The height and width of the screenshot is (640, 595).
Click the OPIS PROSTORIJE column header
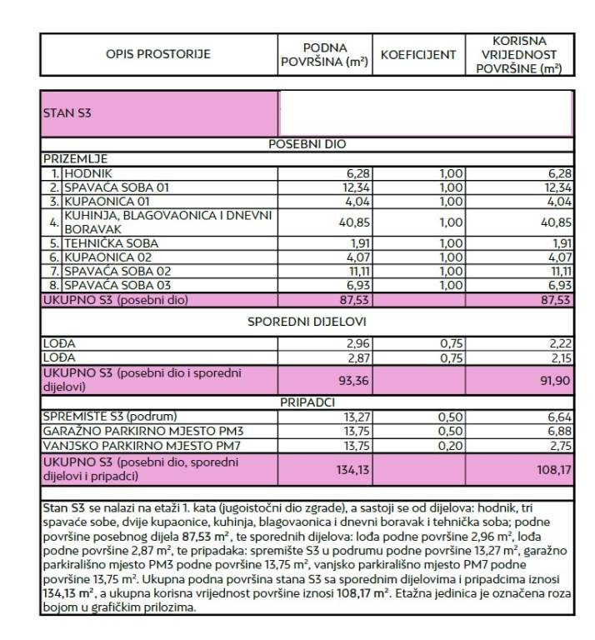point(158,55)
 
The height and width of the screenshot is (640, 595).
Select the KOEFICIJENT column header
point(417,55)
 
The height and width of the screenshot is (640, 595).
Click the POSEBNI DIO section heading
point(307,144)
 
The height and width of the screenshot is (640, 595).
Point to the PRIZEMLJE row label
point(76,158)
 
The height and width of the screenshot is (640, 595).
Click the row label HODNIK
point(84,173)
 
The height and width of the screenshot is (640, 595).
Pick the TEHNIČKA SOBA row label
point(112,243)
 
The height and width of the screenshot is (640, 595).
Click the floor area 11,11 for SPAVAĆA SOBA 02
point(357,271)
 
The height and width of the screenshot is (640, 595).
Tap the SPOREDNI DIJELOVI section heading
point(307,321)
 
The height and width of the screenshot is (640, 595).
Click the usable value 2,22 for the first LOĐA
point(560,343)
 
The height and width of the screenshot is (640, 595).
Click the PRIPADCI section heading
point(307,402)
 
